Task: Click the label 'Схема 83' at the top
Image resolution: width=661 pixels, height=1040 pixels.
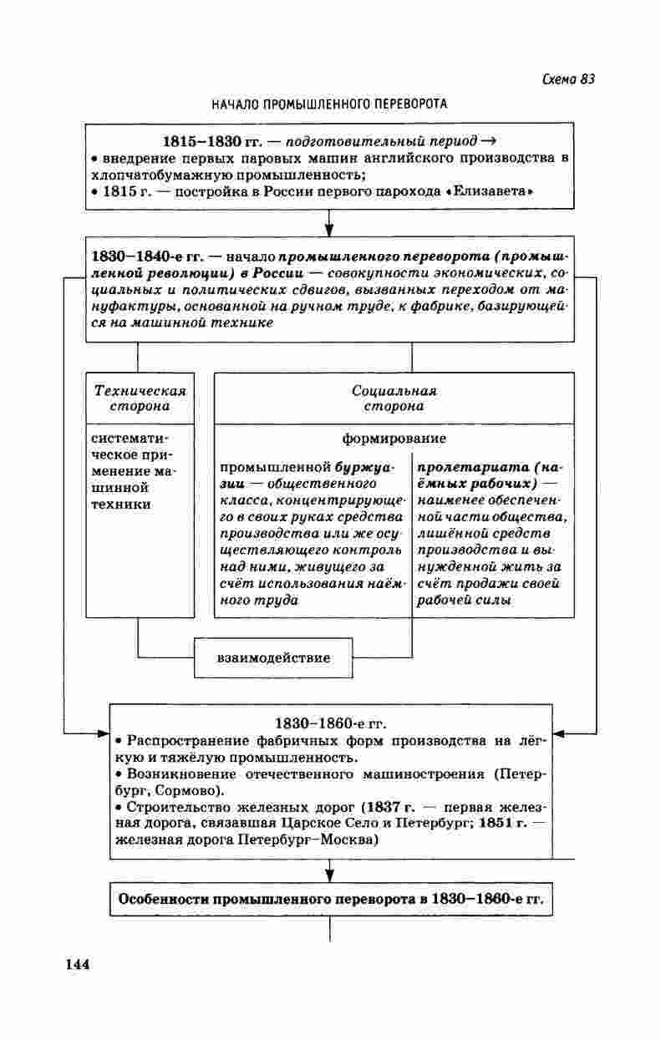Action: [x=568, y=79]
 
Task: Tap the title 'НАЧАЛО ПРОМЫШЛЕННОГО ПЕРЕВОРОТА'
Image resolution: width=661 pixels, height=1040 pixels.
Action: [x=329, y=104]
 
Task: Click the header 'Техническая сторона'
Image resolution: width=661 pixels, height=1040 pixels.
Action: [x=140, y=398]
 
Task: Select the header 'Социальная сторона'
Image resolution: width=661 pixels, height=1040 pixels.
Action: [x=394, y=398]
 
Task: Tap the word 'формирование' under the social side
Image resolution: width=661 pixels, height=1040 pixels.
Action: [x=394, y=438]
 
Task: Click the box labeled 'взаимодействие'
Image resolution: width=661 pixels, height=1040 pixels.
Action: [x=273, y=657]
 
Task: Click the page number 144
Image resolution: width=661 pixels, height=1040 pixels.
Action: [x=77, y=963]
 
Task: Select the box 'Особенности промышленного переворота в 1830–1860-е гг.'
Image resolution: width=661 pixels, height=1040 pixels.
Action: [x=331, y=900]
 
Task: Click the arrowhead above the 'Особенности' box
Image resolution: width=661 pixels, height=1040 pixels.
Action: [x=330, y=874]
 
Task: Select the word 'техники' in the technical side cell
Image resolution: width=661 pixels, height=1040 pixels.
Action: [x=122, y=505]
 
